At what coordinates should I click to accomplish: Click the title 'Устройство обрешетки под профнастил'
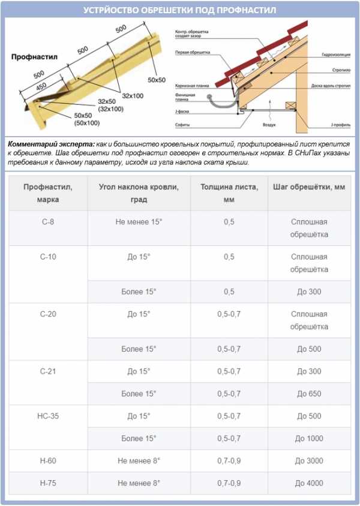(x=180, y=11)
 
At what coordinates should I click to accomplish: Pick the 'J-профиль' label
(x=340, y=125)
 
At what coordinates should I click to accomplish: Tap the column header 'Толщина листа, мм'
(x=229, y=193)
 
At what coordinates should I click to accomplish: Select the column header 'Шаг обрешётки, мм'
(x=309, y=187)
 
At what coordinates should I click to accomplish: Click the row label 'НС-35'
(x=47, y=416)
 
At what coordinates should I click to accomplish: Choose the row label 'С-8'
(x=47, y=222)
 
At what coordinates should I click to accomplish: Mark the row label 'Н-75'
(x=47, y=483)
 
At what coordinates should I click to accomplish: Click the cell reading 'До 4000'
(x=309, y=483)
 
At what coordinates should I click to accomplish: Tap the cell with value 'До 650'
(x=309, y=394)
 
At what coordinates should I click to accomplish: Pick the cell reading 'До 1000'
(x=309, y=438)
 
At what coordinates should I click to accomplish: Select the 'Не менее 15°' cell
(x=139, y=222)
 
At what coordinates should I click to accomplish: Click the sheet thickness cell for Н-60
(x=229, y=461)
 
